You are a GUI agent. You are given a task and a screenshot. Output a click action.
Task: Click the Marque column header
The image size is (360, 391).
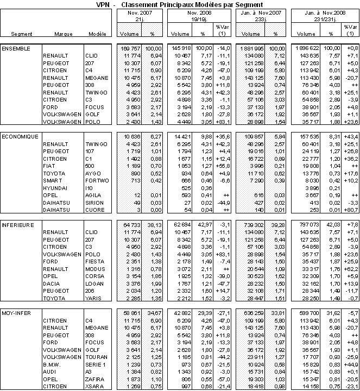64,34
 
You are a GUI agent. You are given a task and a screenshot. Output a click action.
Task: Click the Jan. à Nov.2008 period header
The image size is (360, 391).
320,11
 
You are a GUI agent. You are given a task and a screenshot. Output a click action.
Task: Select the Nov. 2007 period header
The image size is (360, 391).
135,11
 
